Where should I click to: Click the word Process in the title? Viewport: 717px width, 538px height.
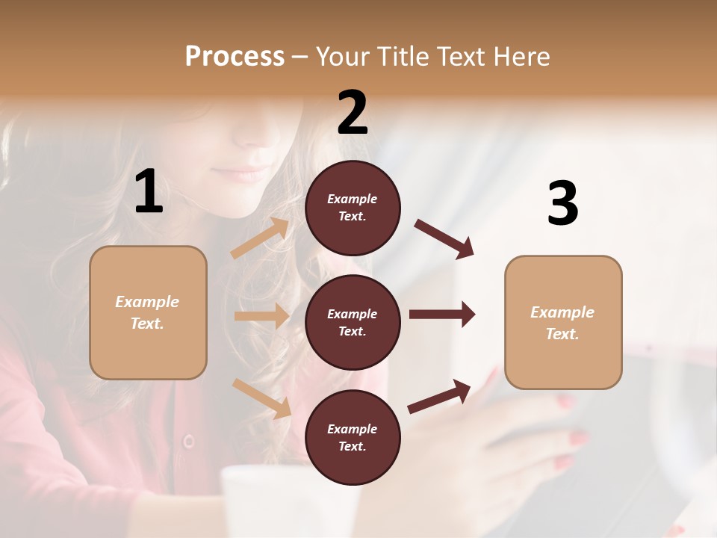tap(235, 56)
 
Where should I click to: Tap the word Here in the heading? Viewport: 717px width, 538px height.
tap(518, 56)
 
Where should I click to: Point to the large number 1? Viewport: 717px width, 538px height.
tap(149, 192)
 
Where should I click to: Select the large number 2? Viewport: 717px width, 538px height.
tap(353, 113)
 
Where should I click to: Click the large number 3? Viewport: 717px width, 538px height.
tap(562, 204)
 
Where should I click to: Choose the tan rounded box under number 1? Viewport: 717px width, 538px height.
tap(148, 312)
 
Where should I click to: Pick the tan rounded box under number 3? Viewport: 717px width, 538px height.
tap(563, 323)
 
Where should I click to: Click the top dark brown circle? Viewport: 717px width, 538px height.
tap(353, 208)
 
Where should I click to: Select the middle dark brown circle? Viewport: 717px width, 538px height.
tap(353, 322)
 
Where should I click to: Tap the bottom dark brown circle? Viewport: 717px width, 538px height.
tap(353, 437)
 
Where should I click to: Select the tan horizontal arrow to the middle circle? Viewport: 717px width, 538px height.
tap(261, 316)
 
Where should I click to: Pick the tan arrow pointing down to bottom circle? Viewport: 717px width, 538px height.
tap(262, 398)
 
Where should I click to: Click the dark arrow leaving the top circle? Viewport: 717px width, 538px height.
tap(444, 238)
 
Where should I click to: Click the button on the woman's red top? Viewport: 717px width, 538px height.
tap(189, 441)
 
